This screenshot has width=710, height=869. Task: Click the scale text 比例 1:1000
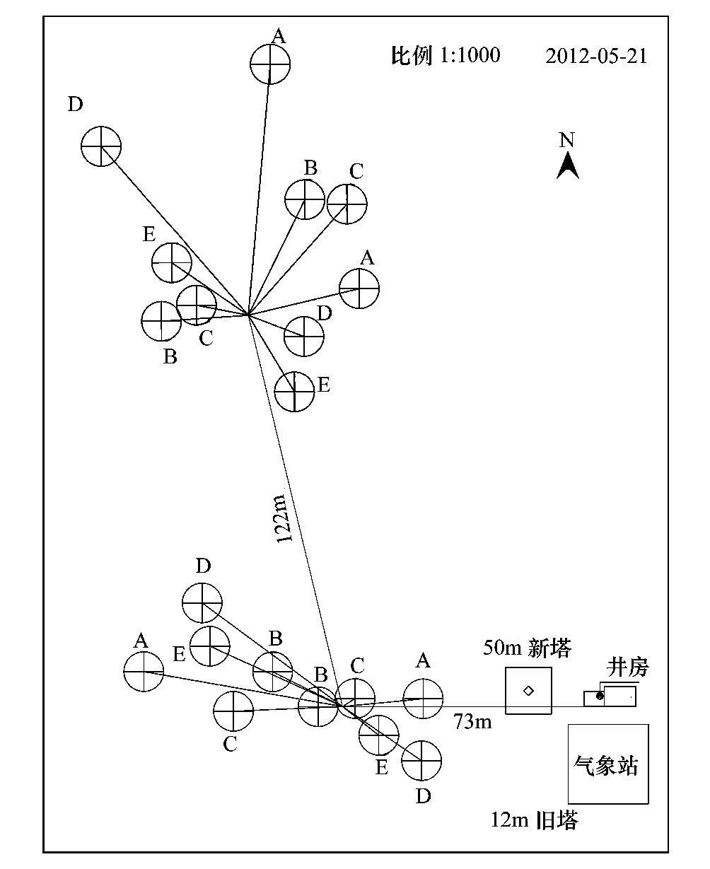pos(446,55)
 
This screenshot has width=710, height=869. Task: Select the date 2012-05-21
pos(596,56)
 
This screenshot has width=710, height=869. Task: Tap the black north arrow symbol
pos(568,165)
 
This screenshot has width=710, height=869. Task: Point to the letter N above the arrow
pos(566,140)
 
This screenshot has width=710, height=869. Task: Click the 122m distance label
pos(284,519)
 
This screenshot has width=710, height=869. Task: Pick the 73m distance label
pos(472,721)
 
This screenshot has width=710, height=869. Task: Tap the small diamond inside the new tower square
pos(528,691)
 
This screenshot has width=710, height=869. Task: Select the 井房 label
pos(627,667)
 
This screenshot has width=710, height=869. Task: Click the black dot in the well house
pos(600,696)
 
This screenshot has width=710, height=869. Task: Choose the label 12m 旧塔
pos(534,820)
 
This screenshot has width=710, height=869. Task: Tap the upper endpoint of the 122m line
pos(248,315)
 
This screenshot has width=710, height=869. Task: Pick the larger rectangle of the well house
pos(620,696)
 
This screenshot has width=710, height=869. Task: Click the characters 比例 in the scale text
pos(411,55)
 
